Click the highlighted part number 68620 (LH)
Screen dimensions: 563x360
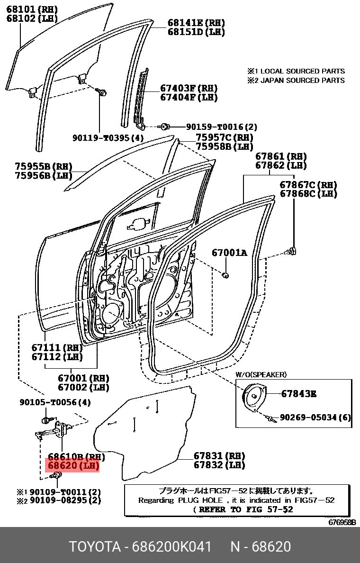coord(72,466)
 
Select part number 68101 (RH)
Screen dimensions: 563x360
coord(31,9)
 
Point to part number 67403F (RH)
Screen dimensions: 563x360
coord(188,88)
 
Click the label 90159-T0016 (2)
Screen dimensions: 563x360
coord(221,127)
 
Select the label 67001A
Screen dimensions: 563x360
coord(229,253)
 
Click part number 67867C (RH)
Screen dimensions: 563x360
coord(308,185)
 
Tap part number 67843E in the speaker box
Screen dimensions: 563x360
coord(299,393)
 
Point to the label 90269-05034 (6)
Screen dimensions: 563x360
coord(315,418)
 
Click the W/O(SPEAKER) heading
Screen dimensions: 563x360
coord(261,374)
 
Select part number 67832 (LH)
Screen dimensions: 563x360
coord(219,465)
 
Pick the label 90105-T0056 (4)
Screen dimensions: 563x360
coord(55,402)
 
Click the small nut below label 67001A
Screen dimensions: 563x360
coord(226,274)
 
